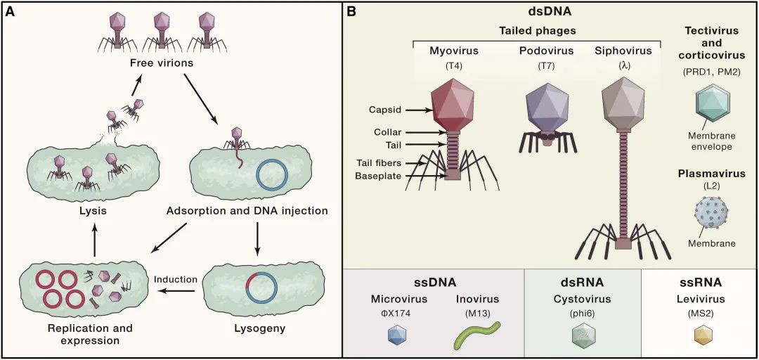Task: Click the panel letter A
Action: point(12,13)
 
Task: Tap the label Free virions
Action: point(162,64)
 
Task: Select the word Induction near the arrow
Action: point(175,280)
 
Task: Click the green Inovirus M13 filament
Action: point(476,335)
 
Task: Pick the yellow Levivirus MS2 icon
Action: point(702,336)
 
